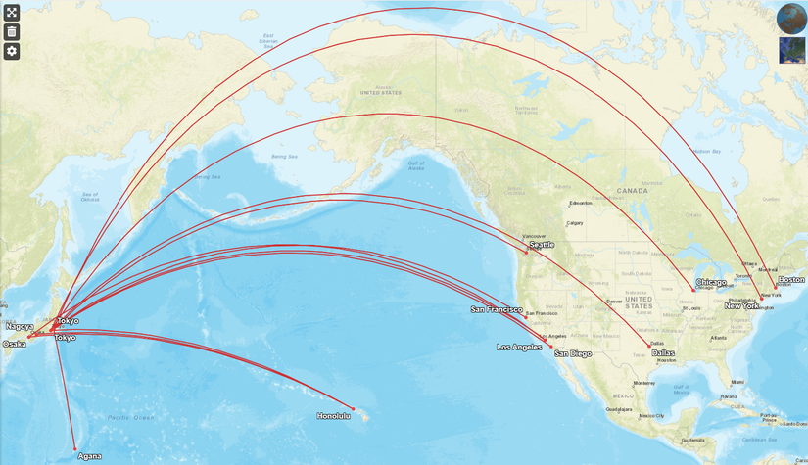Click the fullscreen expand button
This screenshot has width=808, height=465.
pyautogui.click(x=12, y=13)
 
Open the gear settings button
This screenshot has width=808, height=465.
pyautogui.click(x=12, y=51)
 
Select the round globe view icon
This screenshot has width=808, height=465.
pyautogui.click(x=791, y=18)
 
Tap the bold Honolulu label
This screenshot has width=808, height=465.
pyautogui.click(x=334, y=416)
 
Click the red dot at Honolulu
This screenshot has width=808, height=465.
pyautogui.click(x=353, y=408)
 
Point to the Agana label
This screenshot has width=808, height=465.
pyautogui.click(x=89, y=456)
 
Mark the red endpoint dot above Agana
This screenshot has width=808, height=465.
pyautogui.click(x=74, y=448)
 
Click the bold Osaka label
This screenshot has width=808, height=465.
pyautogui.click(x=15, y=344)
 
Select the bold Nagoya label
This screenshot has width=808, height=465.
pyautogui.click(x=20, y=326)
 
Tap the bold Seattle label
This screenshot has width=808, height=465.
pyautogui.click(x=542, y=245)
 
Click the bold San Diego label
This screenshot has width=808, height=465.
pyautogui.click(x=573, y=353)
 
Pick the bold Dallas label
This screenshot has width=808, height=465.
pyautogui.click(x=663, y=352)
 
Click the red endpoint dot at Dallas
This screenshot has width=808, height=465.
pyautogui.click(x=649, y=347)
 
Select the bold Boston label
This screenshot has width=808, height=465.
pyautogui.click(x=790, y=280)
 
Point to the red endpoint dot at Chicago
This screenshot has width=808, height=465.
pyautogui.click(x=693, y=289)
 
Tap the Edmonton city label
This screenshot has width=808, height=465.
pyautogui.click(x=581, y=204)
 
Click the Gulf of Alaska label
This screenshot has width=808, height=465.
pyautogui.click(x=415, y=165)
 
